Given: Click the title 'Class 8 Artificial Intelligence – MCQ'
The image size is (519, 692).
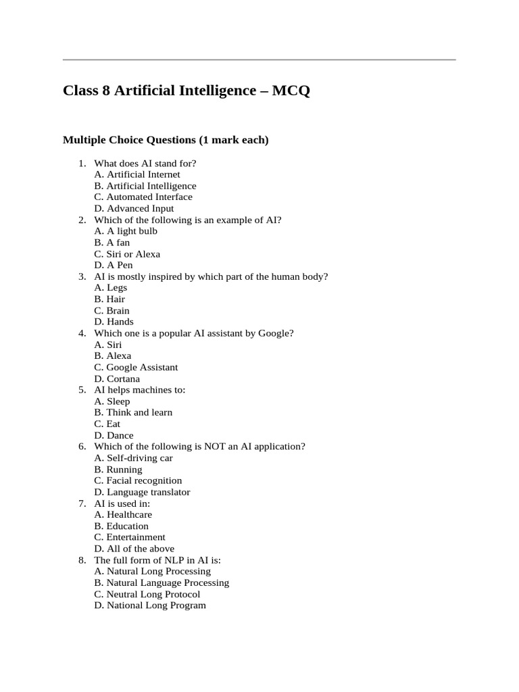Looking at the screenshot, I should point(187,91).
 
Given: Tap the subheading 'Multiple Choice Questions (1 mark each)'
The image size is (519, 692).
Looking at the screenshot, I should point(166,140).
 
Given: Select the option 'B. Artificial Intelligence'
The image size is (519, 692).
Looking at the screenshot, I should point(145,186).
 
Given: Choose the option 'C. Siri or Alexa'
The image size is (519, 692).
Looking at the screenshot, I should point(127,254).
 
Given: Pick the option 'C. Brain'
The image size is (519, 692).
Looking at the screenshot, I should point(112,311).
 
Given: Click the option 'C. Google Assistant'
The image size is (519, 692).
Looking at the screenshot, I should point(136,368).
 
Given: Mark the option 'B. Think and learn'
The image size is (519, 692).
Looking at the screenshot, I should point(133,413).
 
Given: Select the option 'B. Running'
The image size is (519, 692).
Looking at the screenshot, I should point(118,470).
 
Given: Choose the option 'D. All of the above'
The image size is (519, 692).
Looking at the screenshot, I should point(134,549).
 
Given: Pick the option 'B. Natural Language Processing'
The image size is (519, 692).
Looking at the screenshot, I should point(162,583).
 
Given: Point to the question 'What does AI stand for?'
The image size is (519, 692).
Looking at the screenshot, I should point(145,163).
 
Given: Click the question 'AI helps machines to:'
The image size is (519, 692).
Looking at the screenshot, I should point(140,390).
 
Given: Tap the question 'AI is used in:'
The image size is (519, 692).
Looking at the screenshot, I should point(122,503).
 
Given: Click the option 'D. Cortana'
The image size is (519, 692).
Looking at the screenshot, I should point(117,379).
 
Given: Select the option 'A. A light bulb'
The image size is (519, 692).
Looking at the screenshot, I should point(126,231).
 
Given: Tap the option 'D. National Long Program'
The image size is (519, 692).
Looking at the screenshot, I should point(150,605).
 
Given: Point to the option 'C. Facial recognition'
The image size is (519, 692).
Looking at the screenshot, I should point(138,480).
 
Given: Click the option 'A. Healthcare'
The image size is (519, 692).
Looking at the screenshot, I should point(123,515).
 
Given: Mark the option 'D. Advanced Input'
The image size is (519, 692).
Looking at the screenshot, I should point(134,208).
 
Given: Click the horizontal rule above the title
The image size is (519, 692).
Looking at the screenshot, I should point(259,59).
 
